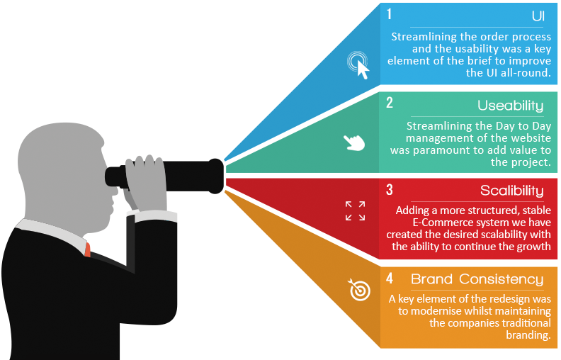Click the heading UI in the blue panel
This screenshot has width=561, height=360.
(538, 16)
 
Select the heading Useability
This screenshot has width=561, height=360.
(510, 106)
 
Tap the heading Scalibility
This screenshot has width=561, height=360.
(511, 191)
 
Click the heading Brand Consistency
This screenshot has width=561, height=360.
(477, 279)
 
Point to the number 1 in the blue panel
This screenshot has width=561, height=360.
(390, 14)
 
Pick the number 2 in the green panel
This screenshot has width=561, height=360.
(390, 103)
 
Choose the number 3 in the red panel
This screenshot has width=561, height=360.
(390, 190)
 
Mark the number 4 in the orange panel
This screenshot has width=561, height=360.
(390, 279)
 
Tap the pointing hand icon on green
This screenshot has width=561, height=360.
(353, 142)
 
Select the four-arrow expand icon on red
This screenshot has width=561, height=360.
(355, 210)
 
